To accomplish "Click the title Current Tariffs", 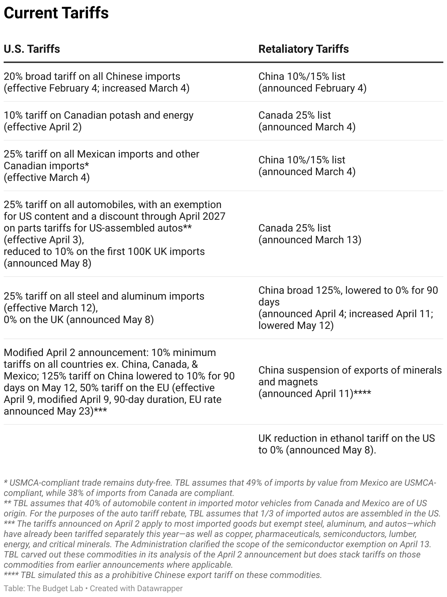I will [x=56, y=13].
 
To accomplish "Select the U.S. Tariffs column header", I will [x=32, y=49].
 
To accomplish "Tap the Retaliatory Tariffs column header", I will [x=303, y=49].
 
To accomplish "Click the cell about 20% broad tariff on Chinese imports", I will [x=96, y=82].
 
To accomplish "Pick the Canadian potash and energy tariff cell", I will [x=99, y=121].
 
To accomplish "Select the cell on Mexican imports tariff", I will [x=101, y=166].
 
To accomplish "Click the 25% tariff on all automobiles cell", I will [x=114, y=234].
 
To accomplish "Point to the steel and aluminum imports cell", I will [x=104, y=308].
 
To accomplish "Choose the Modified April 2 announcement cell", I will [x=119, y=382].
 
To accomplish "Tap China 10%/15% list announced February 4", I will [x=312, y=82].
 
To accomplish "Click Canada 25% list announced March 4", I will [x=307, y=121].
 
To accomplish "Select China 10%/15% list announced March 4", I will [x=307, y=166].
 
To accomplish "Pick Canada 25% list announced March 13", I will [x=310, y=234].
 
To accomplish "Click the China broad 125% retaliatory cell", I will [x=348, y=308].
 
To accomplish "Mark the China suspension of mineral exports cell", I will [x=350, y=382].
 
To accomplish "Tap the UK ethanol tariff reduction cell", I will [x=346, y=444].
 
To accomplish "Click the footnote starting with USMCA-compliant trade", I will [x=220, y=487].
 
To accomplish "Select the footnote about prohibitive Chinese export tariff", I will [x=163, y=575].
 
